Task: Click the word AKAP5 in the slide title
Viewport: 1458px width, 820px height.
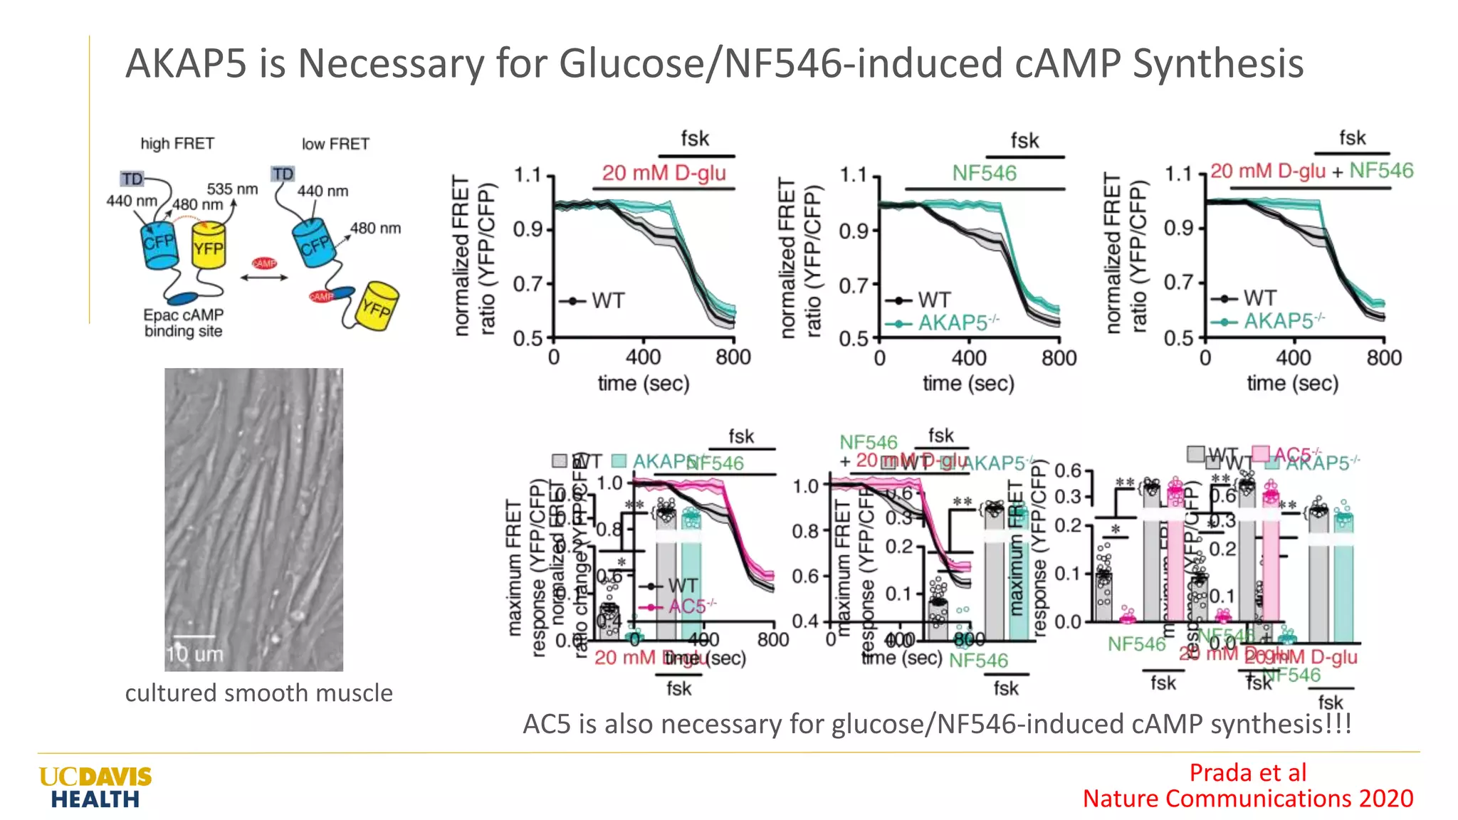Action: [x=186, y=63]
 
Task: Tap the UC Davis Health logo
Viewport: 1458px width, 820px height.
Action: [x=95, y=787]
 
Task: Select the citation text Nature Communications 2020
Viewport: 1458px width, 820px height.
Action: [x=1247, y=799]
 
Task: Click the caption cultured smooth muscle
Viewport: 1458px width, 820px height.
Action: [x=258, y=693]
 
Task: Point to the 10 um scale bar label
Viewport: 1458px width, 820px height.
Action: [x=194, y=653]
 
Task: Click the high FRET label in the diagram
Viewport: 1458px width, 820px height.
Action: [x=177, y=144]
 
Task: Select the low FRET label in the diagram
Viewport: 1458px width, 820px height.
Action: [x=335, y=144]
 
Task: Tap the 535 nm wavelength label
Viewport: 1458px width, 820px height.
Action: [x=232, y=189]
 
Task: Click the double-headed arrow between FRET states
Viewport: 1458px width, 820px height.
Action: [x=264, y=278]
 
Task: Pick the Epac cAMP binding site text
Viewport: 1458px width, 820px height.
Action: [x=183, y=322]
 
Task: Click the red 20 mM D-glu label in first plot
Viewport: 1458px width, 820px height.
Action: [x=664, y=173]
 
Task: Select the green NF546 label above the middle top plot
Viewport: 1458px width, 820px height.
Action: [x=984, y=173]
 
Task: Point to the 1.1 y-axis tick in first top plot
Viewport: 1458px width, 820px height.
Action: [x=528, y=175]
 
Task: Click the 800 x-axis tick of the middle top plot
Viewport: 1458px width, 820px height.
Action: [x=1059, y=357]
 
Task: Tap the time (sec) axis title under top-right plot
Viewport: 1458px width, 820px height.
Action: [x=1292, y=384]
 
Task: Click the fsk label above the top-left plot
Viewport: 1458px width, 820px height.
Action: [x=695, y=139]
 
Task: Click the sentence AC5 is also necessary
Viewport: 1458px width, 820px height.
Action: [x=936, y=724]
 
